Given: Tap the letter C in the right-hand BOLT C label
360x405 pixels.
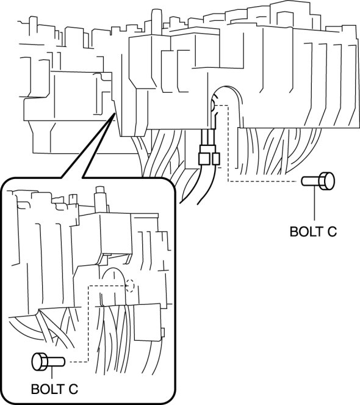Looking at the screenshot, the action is pyautogui.click(x=332, y=232).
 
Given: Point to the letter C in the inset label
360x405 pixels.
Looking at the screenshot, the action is pyautogui.click(x=73, y=389).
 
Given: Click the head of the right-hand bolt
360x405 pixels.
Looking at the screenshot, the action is pyautogui.click(x=327, y=181).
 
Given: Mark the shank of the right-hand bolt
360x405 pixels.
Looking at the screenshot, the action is pyautogui.click(x=311, y=181).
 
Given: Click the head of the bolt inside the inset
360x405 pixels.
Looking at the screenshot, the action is pyautogui.click(x=40, y=362).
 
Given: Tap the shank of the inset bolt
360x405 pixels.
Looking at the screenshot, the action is pyautogui.click(x=56, y=362).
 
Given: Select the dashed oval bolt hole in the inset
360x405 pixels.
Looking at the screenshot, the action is pyautogui.click(x=131, y=286).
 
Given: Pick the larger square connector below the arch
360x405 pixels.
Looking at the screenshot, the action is pyautogui.click(x=204, y=158).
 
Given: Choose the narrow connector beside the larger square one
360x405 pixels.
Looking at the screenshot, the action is pyautogui.click(x=216, y=159).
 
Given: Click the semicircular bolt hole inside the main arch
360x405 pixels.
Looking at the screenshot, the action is pyautogui.click(x=213, y=106).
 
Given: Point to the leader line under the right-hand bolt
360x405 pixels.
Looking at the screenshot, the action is pyautogui.click(x=315, y=205).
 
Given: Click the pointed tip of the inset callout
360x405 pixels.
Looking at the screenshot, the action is pyautogui.click(x=114, y=114).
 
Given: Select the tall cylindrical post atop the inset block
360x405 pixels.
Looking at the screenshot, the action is pyautogui.click(x=101, y=199).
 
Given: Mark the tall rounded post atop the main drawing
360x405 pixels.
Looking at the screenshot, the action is pyautogui.click(x=156, y=22).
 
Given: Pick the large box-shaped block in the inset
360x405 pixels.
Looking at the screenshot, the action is pyautogui.click(x=115, y=233).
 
